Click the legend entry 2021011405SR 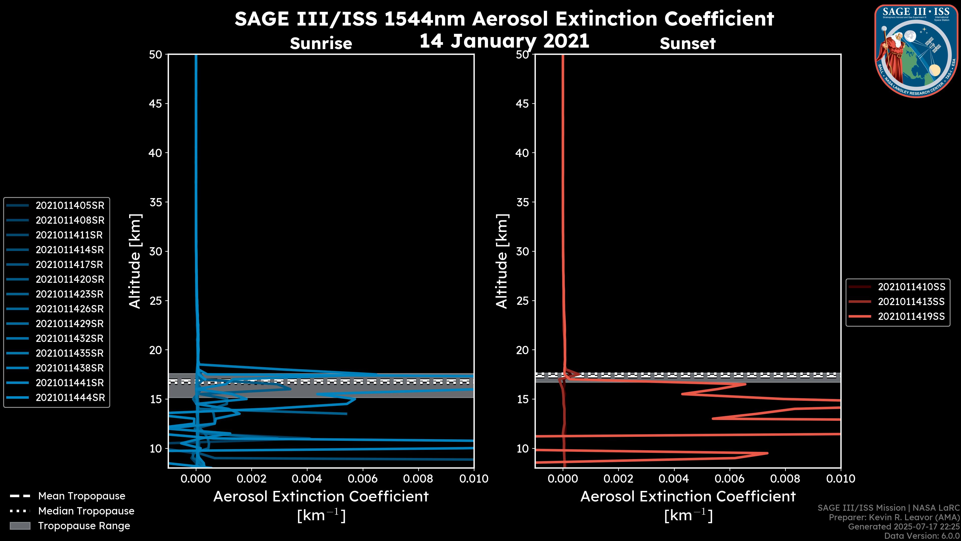pyautogui.click(x=70, y=205)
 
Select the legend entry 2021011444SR pyautogui.click(x=70, y=398)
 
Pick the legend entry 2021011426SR pyautogui.click(x=70, y=309)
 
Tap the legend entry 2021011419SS pyautogui.click(x=911, y=317)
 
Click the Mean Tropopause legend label pyautogui.click(x=82, y=496)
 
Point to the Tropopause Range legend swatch pyautogui.click(x=20, y=526)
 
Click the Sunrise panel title pyautogui.click(x=321, y=44)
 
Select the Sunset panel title pyautogui.click(x=687, y=44)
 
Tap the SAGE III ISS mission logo pyautogui.click(x=917, y=51)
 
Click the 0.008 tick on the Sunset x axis pyautogui.click(x=785, y=479)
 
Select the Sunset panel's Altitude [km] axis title pyautogui.click(x=502, y=261)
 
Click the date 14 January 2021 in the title pyautogui.click(x=504, y=41)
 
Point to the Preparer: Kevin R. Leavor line pyautogui.click(x=894, y=517)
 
